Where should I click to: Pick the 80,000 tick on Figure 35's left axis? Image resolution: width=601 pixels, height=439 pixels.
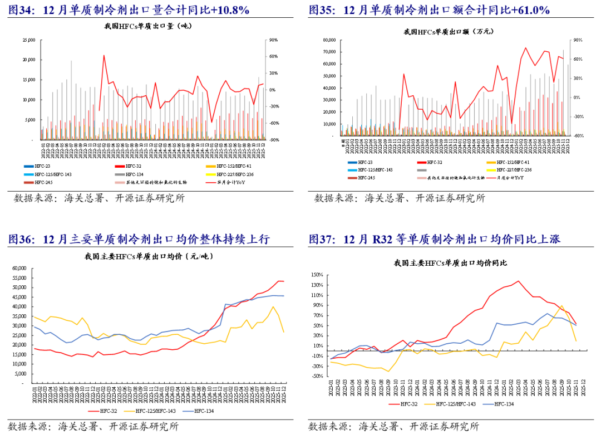pyautogui.click(x=329, y=40)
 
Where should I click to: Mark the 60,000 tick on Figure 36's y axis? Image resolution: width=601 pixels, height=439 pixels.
pyautogui.click(x=18, y=269)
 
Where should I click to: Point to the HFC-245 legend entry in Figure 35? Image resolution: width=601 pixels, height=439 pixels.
pyautogui.click(x=367, y=177)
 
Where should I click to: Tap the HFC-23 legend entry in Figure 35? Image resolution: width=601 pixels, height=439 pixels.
pyautogui.click(x=364, y=162)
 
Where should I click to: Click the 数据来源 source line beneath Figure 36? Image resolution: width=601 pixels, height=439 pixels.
pyautogui.click(x=93, y=427)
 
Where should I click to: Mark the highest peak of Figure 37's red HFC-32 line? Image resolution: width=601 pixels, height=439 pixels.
pyautogui.click(x=518, y=281)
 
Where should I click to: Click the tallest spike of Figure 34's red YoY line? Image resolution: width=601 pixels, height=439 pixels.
pyautogui.click(x=104, y=56)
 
